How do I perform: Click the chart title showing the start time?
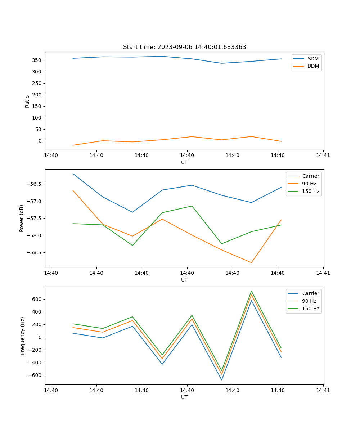(x=184, y=47)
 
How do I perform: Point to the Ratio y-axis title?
(x=27, y=101)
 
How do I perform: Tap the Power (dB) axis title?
(x=22, y=218)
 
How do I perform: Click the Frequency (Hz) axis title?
(x=23, y=336)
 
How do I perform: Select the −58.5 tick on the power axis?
(x=34, y=252)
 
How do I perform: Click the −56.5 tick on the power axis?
(x=34, y=184)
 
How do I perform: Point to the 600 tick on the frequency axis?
(x=38, y=299)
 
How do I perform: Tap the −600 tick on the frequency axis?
(x=36, y=375)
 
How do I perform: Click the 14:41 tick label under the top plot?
(x=323, y=156)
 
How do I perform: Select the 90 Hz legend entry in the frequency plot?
(x=309, y=301)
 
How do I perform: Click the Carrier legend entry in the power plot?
(x=310, y=176)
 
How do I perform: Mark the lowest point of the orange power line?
(x=251, y=263)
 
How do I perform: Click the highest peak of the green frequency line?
(x=251, y=291)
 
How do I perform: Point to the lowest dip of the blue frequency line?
(x=221, y=380)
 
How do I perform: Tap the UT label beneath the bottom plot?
(x=184, y=397)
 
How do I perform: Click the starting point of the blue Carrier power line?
(x=73, y=174)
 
